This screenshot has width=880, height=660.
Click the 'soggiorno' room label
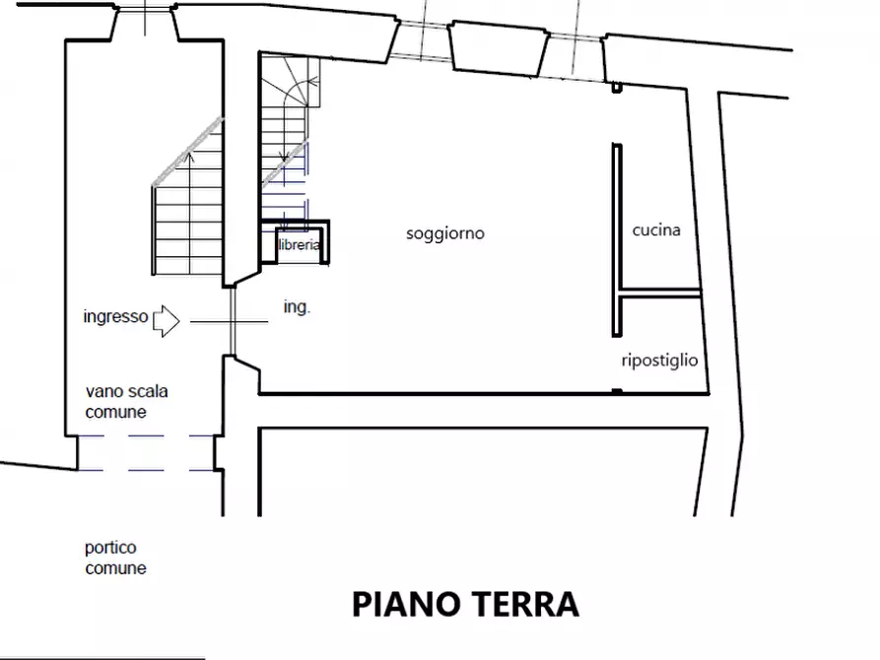tap(445, 234)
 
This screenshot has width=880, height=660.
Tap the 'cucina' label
tap(656, 231)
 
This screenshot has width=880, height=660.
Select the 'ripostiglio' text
tap(659, 361)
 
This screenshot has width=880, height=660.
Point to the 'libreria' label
tap(299, 245)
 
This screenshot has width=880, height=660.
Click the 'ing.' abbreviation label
tap(297, 307)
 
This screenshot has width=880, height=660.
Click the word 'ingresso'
tap(115, 317)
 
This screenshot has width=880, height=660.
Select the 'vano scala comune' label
tap(126, 402)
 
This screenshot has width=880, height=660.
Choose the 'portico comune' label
tap(115, 558)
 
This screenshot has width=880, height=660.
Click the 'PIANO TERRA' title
tap(465, 604)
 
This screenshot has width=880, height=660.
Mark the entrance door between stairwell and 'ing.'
tap(233, 320)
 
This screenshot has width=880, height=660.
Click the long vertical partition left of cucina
tap(617, 236)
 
